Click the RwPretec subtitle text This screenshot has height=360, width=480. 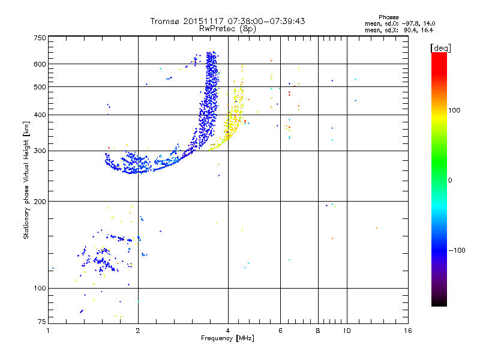pos(219,28)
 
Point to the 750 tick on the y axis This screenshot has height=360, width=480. pos(40,38)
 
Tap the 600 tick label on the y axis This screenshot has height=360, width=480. pos(40,64)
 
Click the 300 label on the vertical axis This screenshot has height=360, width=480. pos(40,151)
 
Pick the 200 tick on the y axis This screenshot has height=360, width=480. pos(40,201)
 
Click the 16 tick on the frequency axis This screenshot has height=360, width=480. pos(407,331)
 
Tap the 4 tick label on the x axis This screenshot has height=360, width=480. pos(228,331)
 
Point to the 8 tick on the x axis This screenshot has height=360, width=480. pos(318,331)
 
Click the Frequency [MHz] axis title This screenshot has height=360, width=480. pos(228,339)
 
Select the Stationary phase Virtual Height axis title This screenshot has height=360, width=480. pos(26,180)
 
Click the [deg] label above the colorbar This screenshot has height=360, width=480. pos(439,47)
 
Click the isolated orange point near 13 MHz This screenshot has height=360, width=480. pos(376,228)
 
